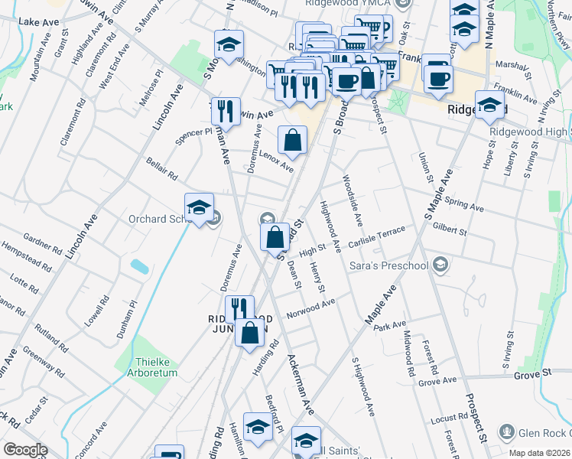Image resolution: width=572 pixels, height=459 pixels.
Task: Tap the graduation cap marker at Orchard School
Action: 198,207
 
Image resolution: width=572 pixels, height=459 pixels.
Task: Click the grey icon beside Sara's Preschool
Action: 440,265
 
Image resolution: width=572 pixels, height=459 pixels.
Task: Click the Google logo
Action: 25,450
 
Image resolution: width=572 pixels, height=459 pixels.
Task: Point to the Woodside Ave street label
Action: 352,200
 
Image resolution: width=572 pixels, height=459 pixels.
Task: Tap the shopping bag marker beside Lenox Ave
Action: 292,140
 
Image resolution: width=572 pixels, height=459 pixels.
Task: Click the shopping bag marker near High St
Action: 275,237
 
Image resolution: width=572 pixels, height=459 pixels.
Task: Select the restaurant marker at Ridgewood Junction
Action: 239,309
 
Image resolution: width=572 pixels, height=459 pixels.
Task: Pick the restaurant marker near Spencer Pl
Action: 226,111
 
